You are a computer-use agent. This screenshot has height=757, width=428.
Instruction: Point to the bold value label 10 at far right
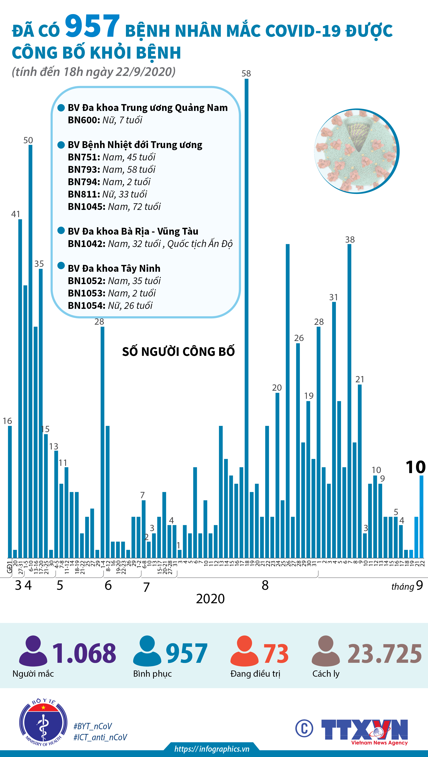415,467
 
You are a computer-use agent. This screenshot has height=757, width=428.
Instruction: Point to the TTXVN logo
364,730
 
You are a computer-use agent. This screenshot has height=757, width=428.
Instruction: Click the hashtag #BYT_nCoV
93,726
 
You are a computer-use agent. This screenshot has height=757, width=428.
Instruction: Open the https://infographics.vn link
212,749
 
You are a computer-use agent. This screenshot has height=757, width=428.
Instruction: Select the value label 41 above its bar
16,214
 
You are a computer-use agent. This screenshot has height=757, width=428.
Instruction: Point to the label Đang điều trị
255,673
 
